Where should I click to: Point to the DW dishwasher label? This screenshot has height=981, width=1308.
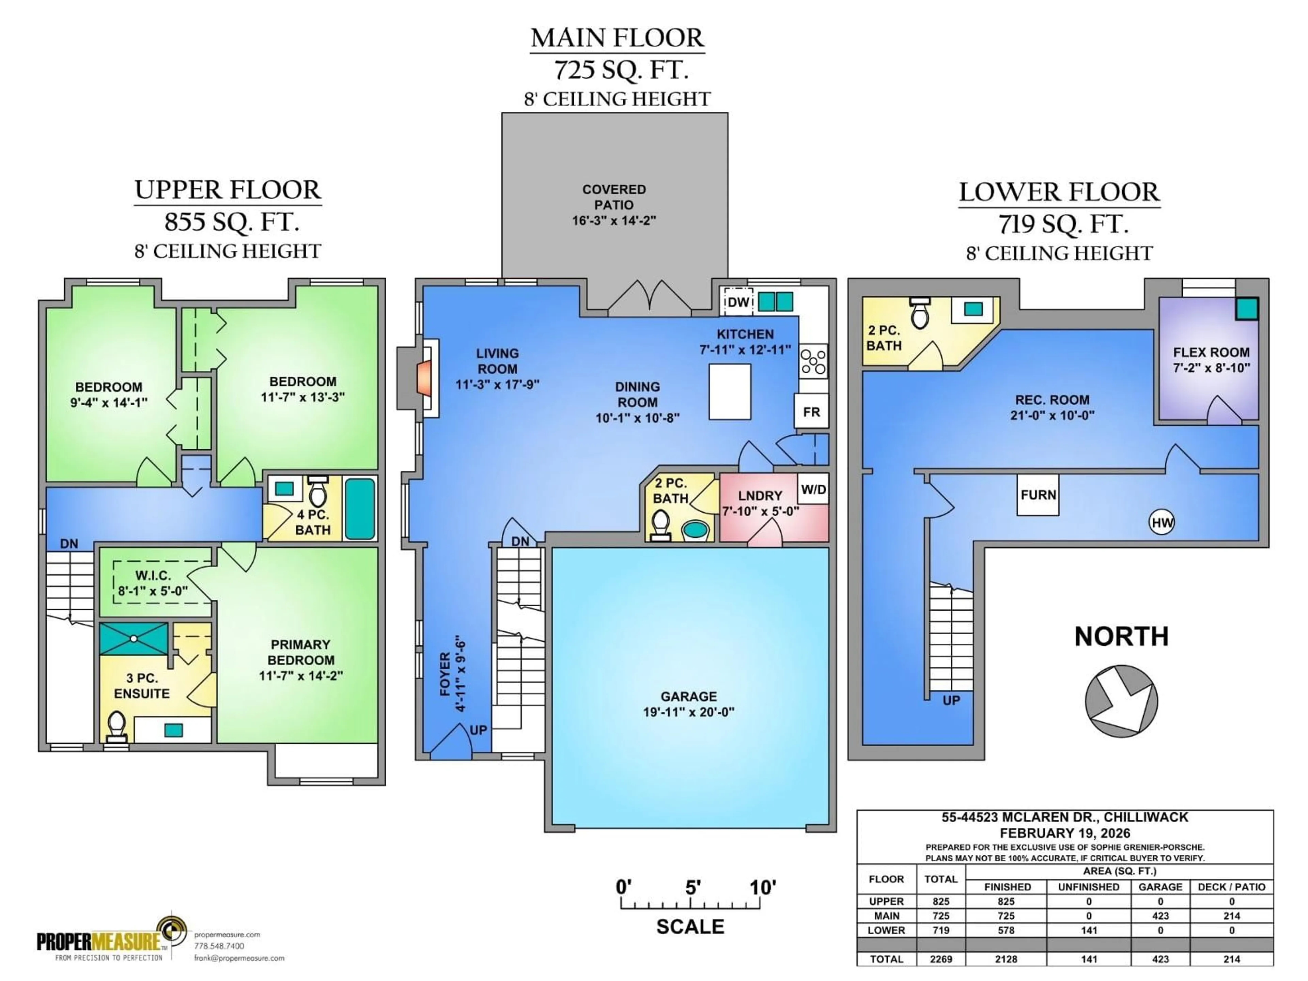(738, 302)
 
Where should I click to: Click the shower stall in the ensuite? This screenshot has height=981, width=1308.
(134, 639)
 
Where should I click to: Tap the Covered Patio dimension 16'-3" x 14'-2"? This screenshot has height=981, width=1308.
(614, 221)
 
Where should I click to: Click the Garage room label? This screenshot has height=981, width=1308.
(688, 697)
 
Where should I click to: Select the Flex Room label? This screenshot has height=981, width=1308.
(1211, 353)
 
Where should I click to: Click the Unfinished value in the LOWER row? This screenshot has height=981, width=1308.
(1089, 931)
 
